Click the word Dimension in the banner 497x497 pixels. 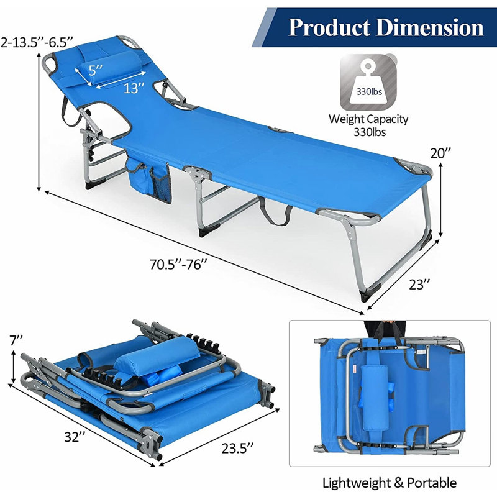tap(430, 27)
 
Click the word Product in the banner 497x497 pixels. tap(329, 27)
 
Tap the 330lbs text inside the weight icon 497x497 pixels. tap(369, 92)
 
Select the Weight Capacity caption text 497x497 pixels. tap(368, 119)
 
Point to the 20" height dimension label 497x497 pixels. tap(440, 153)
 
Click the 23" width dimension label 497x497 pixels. tap(419, 285)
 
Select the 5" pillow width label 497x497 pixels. tap(96, 70)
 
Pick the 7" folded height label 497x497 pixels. tap(16, 340)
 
